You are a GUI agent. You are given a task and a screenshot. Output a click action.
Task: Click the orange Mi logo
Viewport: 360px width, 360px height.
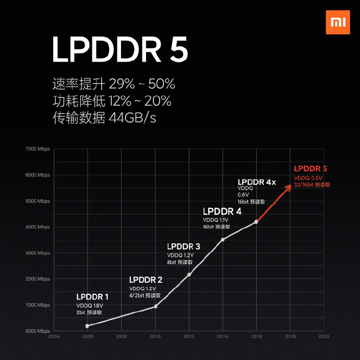337,23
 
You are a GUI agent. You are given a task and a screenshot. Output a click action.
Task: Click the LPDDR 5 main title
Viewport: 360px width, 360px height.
119,50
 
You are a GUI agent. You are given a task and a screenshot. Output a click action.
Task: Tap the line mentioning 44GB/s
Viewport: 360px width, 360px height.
104,118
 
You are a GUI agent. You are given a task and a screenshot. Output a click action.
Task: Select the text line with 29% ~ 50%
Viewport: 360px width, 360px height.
114,84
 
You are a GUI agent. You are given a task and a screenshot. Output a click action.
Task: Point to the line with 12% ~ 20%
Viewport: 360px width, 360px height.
112,101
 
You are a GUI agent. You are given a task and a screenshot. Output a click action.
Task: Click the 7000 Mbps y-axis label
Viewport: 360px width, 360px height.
38,149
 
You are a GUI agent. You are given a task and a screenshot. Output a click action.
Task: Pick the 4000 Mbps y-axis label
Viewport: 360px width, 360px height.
38,227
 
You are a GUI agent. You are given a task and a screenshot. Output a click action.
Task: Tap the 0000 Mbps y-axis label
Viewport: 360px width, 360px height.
38,331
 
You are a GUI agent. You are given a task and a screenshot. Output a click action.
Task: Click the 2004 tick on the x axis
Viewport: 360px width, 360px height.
54,337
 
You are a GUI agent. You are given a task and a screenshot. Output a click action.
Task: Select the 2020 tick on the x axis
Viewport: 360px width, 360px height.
323,337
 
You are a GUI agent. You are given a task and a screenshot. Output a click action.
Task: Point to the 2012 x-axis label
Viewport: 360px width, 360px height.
189,337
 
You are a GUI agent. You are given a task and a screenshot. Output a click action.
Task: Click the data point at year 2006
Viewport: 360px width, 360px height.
87,326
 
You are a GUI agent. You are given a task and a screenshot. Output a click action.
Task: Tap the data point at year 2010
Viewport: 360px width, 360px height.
155,306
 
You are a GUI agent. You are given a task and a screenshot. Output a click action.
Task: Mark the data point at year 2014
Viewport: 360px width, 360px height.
223,239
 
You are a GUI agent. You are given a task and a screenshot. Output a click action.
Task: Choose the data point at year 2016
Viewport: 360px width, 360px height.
256,222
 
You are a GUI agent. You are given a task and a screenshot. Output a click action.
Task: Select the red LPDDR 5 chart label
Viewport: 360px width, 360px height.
310,169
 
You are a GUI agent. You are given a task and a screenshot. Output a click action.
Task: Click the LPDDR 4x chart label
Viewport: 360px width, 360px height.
257,182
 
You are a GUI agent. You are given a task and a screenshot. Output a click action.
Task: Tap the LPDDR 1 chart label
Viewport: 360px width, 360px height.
92,297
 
